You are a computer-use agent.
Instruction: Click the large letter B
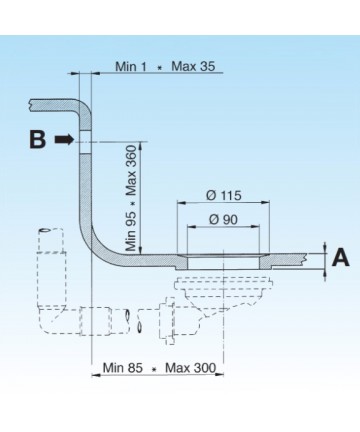tap(37, 139)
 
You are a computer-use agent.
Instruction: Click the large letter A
tap(341, 257)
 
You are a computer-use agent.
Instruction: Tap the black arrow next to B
tap(64, 139)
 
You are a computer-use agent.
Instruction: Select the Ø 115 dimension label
tap(224, 195)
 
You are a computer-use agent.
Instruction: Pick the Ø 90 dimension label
tap(223, 219)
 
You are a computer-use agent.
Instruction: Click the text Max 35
tap(193, 66)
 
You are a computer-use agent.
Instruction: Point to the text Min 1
tap(131, 66)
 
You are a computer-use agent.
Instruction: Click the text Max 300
tap(191, 368)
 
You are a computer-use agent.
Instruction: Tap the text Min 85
tap(123, 368)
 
